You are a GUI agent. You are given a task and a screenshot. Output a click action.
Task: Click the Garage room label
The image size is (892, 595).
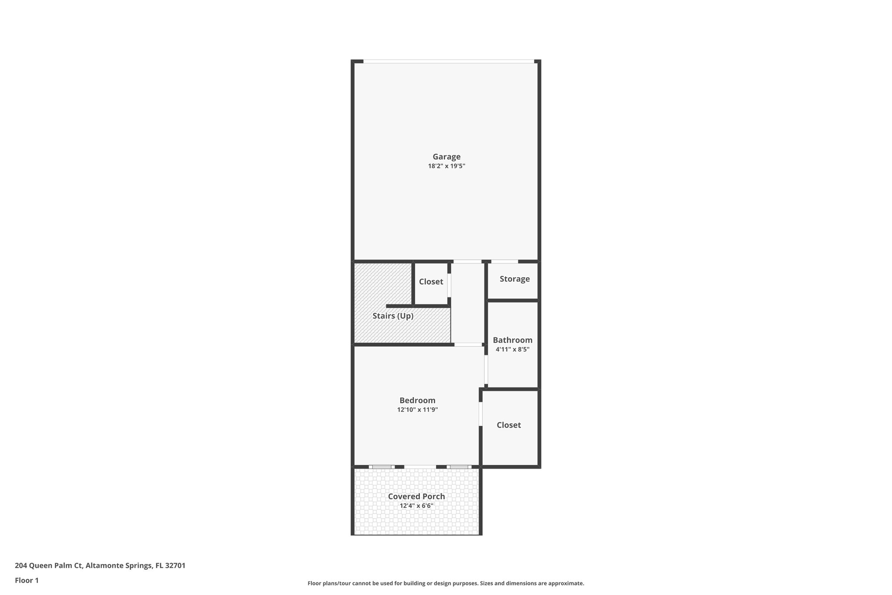coord(446,156)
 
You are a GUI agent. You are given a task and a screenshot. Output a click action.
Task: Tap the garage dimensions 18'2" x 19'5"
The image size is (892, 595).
coord(446,166)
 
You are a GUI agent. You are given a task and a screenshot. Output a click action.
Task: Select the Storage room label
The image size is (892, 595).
coord(514,279)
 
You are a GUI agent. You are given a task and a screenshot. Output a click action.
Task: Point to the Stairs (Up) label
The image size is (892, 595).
coord(393,316)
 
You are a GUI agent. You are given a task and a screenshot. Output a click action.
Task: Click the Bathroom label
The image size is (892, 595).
coord(512,340)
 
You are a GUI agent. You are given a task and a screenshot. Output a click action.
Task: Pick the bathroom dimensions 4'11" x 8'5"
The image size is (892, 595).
coord(512,349)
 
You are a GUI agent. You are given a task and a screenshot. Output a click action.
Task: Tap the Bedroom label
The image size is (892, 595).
coord(417,400)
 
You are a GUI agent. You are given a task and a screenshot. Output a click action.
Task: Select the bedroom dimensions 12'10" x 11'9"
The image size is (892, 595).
coord(417,410)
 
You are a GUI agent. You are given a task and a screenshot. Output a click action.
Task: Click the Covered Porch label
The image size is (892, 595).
coord(416,496)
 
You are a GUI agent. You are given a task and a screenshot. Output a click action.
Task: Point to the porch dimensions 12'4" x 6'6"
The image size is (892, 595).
coord(416,506)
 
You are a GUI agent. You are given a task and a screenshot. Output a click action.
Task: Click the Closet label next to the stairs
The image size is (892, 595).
coord(431,282)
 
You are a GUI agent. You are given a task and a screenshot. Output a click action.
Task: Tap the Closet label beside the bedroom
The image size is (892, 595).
coord(509,425)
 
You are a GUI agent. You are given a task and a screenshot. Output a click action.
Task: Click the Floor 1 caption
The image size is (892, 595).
coord(27,580)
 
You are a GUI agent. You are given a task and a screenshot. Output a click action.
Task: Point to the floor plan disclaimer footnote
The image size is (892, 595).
coord(446,583)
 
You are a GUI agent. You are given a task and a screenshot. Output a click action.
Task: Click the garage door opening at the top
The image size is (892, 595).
coord(449,61)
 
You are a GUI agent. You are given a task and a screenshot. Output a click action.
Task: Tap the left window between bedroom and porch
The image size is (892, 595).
coord(382,467)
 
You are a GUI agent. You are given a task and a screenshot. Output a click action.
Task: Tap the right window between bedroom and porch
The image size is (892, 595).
coord(459,467)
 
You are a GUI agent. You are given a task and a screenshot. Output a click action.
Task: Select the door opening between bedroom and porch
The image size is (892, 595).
coord(420,467)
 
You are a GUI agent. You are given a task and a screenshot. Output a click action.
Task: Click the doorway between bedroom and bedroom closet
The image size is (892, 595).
coord(481,414)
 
